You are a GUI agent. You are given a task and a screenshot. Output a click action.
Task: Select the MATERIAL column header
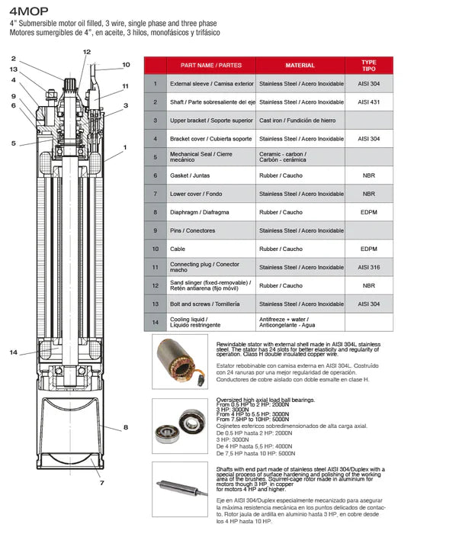299,66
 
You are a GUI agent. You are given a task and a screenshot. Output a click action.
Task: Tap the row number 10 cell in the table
155,249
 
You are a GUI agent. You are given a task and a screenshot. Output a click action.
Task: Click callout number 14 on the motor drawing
14,352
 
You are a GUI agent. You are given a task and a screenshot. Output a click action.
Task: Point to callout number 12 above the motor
86,52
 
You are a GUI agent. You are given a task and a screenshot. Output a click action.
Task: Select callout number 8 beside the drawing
126,427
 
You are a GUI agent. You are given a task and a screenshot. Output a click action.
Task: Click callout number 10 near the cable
126,65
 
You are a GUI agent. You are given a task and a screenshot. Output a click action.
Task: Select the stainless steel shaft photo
178,488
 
